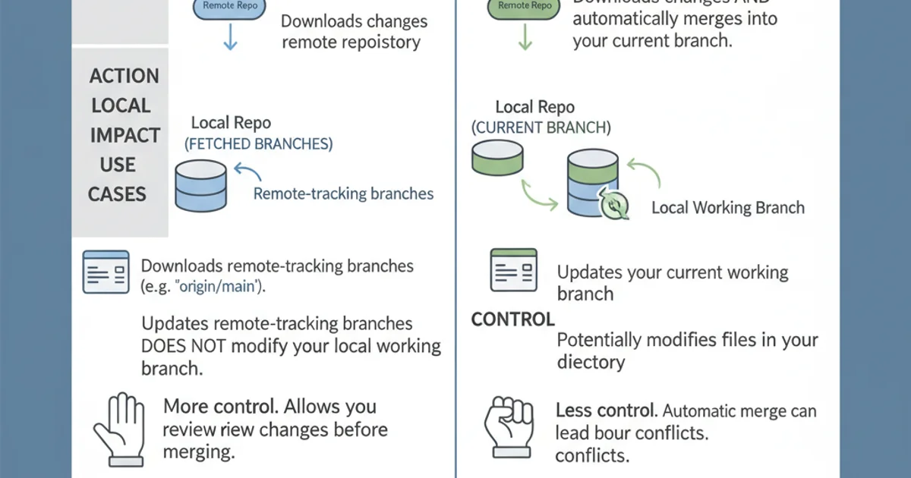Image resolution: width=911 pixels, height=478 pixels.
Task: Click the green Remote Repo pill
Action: pyautogui.click(x=525, y=6)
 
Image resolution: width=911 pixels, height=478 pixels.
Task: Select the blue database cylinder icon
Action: pyautogui.click(x=200, y=184)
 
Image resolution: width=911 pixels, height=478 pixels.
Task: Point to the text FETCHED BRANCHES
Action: pyautogui.click(x=259, y=143)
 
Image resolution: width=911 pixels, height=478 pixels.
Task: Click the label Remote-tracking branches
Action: pyautogui.click(x=343, y=193)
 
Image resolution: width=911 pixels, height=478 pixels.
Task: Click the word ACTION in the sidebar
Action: pyautogui.click(x=124, y=76)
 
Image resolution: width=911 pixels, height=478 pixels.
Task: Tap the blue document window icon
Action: pyautogui.click(x=106, y=272)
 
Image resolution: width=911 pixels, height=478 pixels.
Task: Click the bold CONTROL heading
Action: pyautogui.click(x=513, y=319)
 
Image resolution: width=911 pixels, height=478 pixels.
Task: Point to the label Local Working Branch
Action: pyautogui.click(x=727, y=208)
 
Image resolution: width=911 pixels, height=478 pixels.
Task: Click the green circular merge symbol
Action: pyautogui.click(x=614, y=205)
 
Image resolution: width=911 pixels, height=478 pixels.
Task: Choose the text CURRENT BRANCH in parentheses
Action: pyautogui.click(x=541, y=127)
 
